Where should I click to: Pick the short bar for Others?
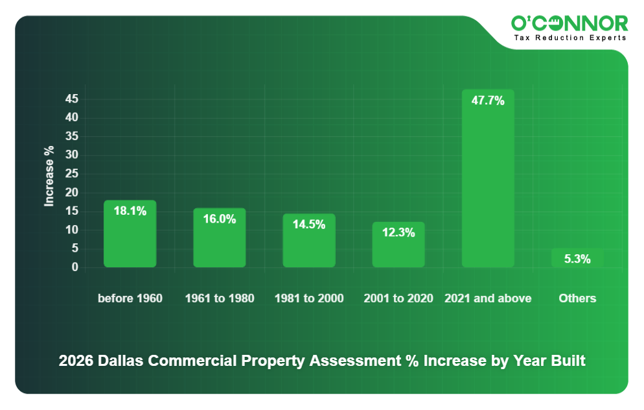click(577, 258)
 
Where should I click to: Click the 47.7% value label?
click(487, 101)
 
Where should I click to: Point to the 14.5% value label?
click(308, 224)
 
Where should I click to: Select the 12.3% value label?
click(398, 232)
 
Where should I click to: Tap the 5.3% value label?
click(577, 259)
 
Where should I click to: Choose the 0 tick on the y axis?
click(75, 267)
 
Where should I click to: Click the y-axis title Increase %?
click(49, 176)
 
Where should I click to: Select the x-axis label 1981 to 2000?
click(308, 298)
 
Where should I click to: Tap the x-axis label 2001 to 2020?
click(398, 298)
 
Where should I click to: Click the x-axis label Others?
click(577, 298)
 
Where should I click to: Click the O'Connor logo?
click(569, 23)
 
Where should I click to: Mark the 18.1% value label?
click(130, 211)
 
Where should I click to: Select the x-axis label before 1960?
click(130, 298)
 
